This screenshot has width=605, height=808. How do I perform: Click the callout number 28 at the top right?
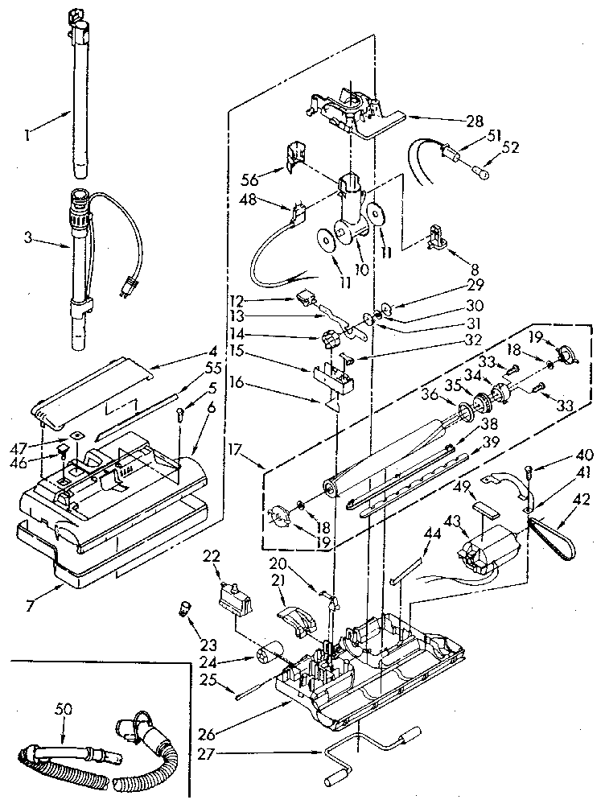coord(474,122)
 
